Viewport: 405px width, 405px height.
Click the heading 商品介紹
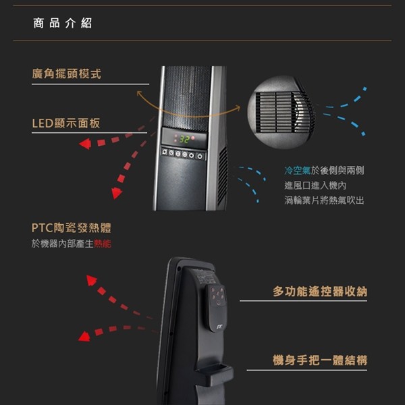click(63, 24)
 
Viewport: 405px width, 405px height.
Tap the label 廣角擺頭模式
click(66, 74)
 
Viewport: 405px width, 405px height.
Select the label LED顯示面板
click(65, 123)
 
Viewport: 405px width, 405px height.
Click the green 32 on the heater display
click(184, 139)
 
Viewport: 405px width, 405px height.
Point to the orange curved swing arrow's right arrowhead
click(238, 107)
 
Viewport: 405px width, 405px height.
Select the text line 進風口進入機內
click(315, 185)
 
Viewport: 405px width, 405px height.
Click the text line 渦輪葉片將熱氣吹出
click(324, 200)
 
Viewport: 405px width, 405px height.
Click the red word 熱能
click(103, 243)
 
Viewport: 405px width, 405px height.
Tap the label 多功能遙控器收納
click(320, 291)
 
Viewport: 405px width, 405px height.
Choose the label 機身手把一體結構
click(320, 360)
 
